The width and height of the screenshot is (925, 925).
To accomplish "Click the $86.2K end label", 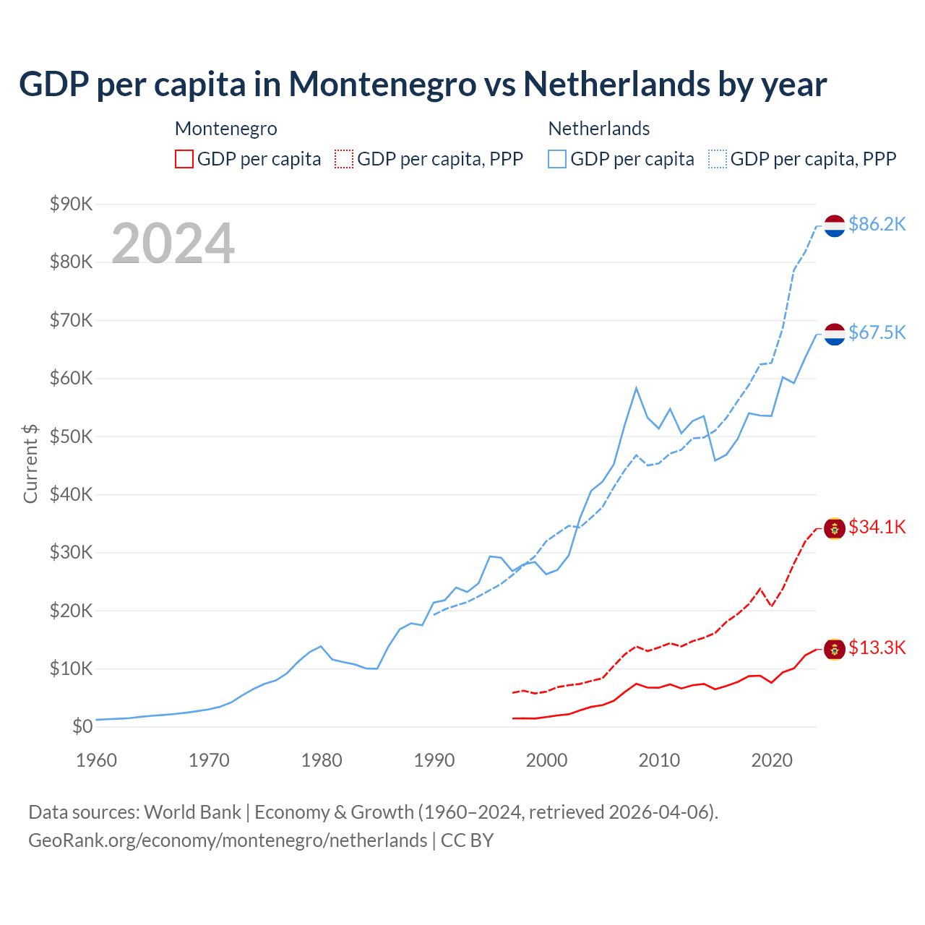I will point(877,225).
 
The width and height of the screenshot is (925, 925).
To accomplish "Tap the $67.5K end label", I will point(877,332).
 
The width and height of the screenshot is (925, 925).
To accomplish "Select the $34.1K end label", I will point(877,528).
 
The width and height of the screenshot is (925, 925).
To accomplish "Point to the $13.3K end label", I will point(877,647).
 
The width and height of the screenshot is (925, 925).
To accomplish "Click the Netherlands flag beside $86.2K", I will point(835,225).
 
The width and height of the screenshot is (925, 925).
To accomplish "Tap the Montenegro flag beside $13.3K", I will point(835,649).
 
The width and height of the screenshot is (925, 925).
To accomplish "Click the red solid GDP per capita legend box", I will point(184,159).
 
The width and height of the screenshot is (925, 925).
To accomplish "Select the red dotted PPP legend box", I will point(344,159).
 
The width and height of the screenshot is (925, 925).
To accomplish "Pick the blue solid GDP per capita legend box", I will point(557,159).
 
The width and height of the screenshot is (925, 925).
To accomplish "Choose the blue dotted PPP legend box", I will point(718,159).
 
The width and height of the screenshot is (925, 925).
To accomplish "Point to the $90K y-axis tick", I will point(72,204).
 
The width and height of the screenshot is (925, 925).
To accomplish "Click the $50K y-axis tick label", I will point(72,436).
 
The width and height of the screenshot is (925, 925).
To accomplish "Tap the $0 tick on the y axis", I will point(82,727).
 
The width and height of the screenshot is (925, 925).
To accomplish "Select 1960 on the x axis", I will point(96,760).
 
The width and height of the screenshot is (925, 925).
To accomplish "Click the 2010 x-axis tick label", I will point(659,760).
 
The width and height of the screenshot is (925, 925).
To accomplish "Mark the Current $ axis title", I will point(30,464).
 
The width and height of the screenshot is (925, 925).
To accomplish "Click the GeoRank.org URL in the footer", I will point(228,840).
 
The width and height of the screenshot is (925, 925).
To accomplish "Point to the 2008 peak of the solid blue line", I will point(636,388).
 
